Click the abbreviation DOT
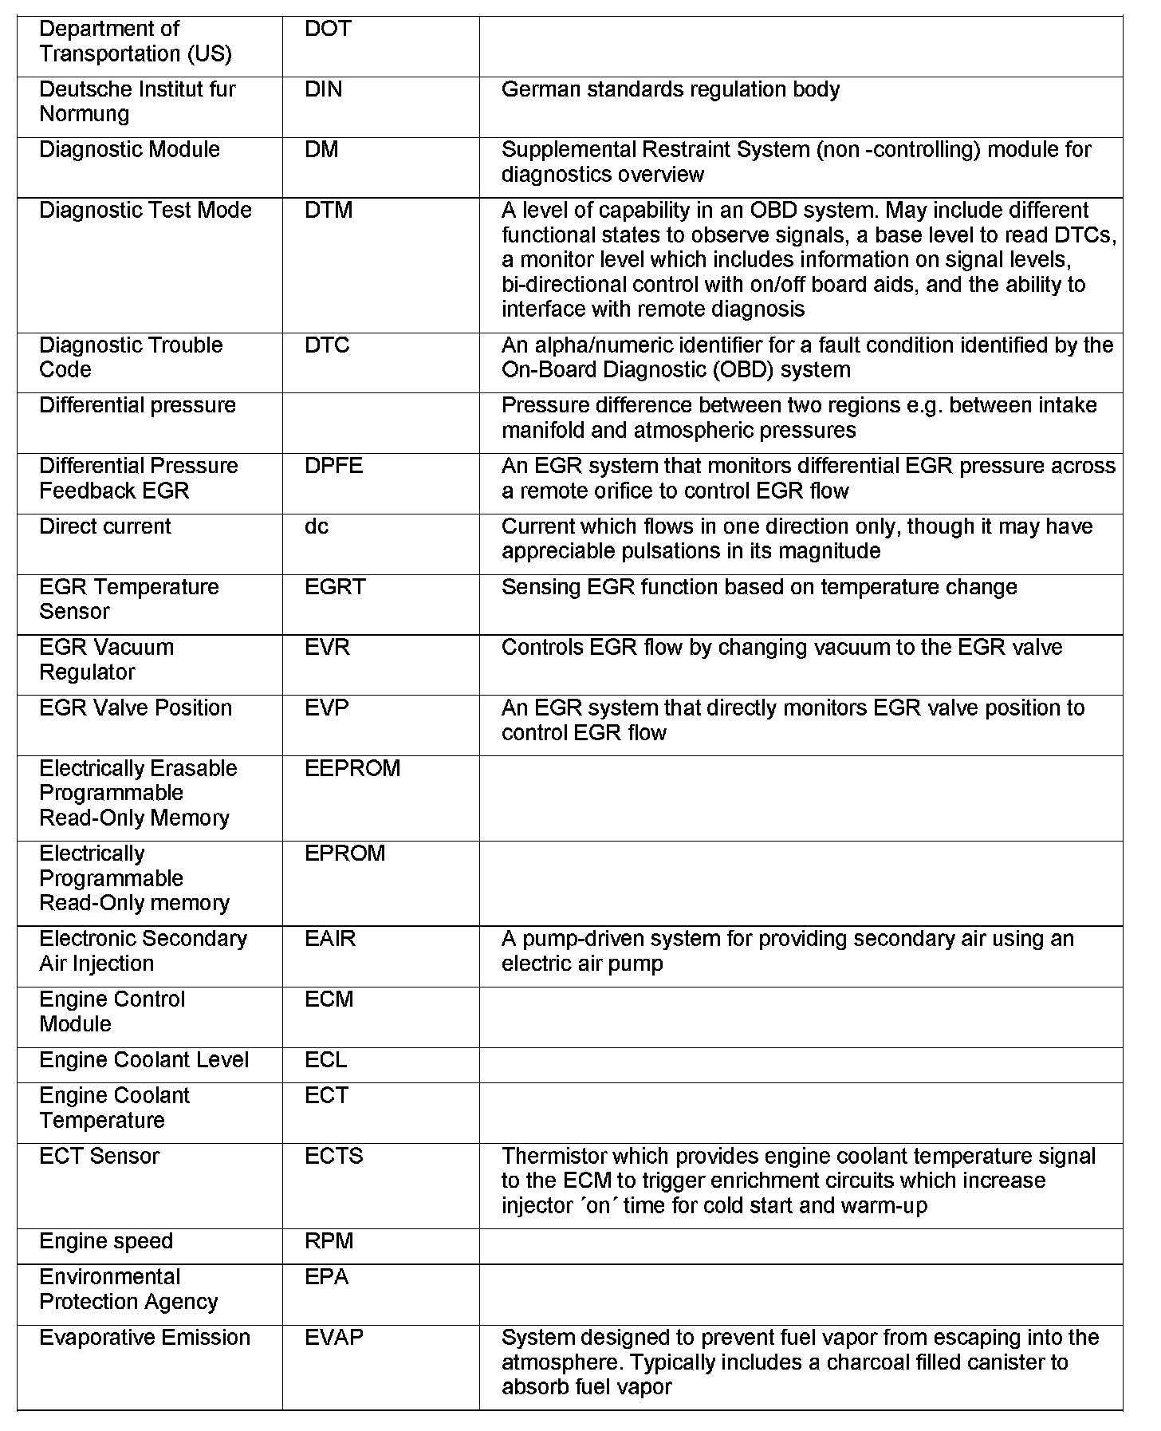[x=328, y=30]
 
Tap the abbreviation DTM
[x=329, y=211]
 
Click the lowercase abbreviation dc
[x=317, y=526]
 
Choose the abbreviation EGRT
[x=335, y=587]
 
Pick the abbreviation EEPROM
[x=352, y=768]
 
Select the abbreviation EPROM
[x=344, y=853]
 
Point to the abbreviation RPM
[x=329, y=1241]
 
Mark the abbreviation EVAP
[x=333, y=1338]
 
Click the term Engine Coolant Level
[x=144, y=1060]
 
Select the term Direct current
[x=105, y=526]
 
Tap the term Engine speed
[x=106, y=1241]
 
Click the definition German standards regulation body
[x=670, y=89]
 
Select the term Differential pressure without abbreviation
[x=137, y=405]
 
